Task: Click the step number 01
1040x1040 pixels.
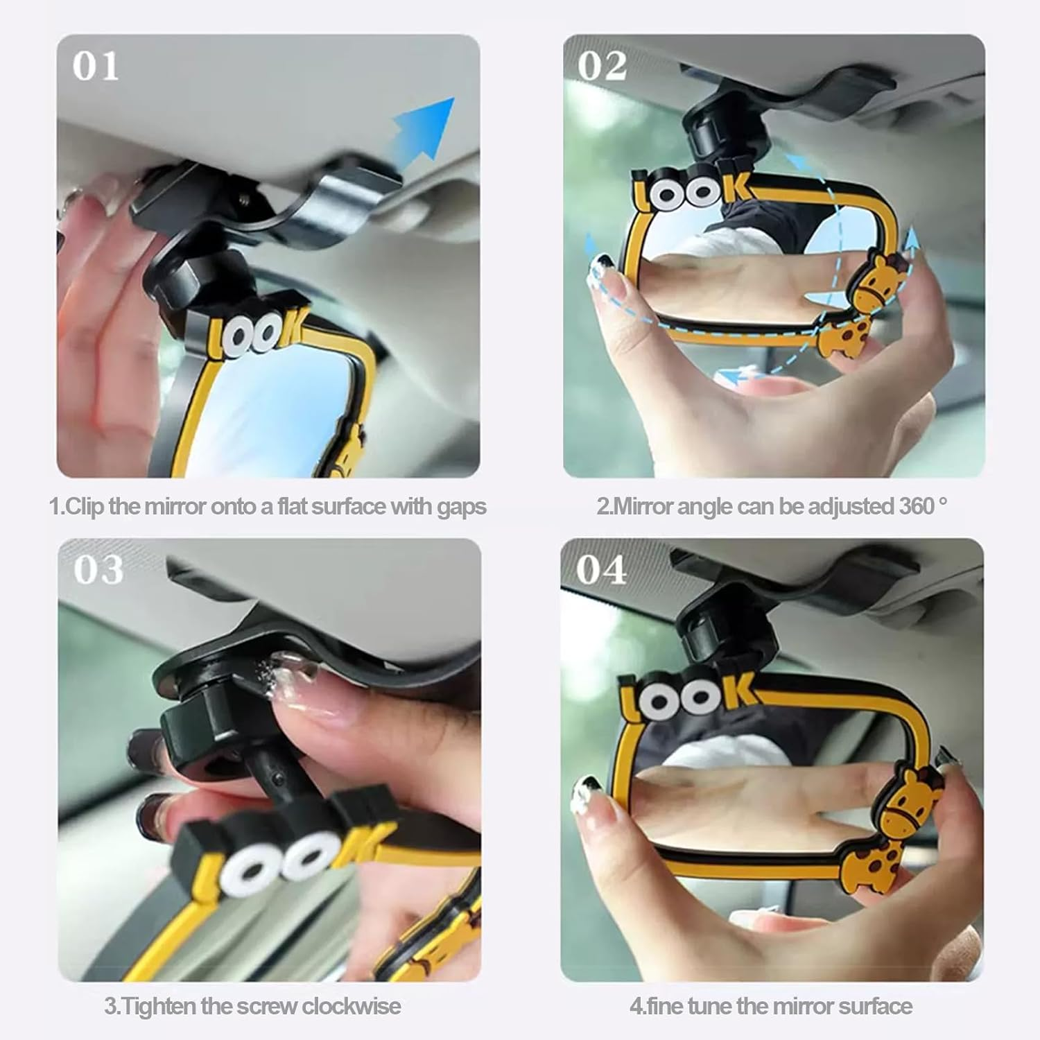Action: [x=96, y=67]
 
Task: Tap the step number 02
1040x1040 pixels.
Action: [x=602, y=67]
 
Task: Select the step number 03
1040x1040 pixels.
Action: [x=98, y=570]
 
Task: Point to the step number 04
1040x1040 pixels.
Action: [x=601, y=570]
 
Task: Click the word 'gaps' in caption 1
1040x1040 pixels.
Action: [x=461, y=507]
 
